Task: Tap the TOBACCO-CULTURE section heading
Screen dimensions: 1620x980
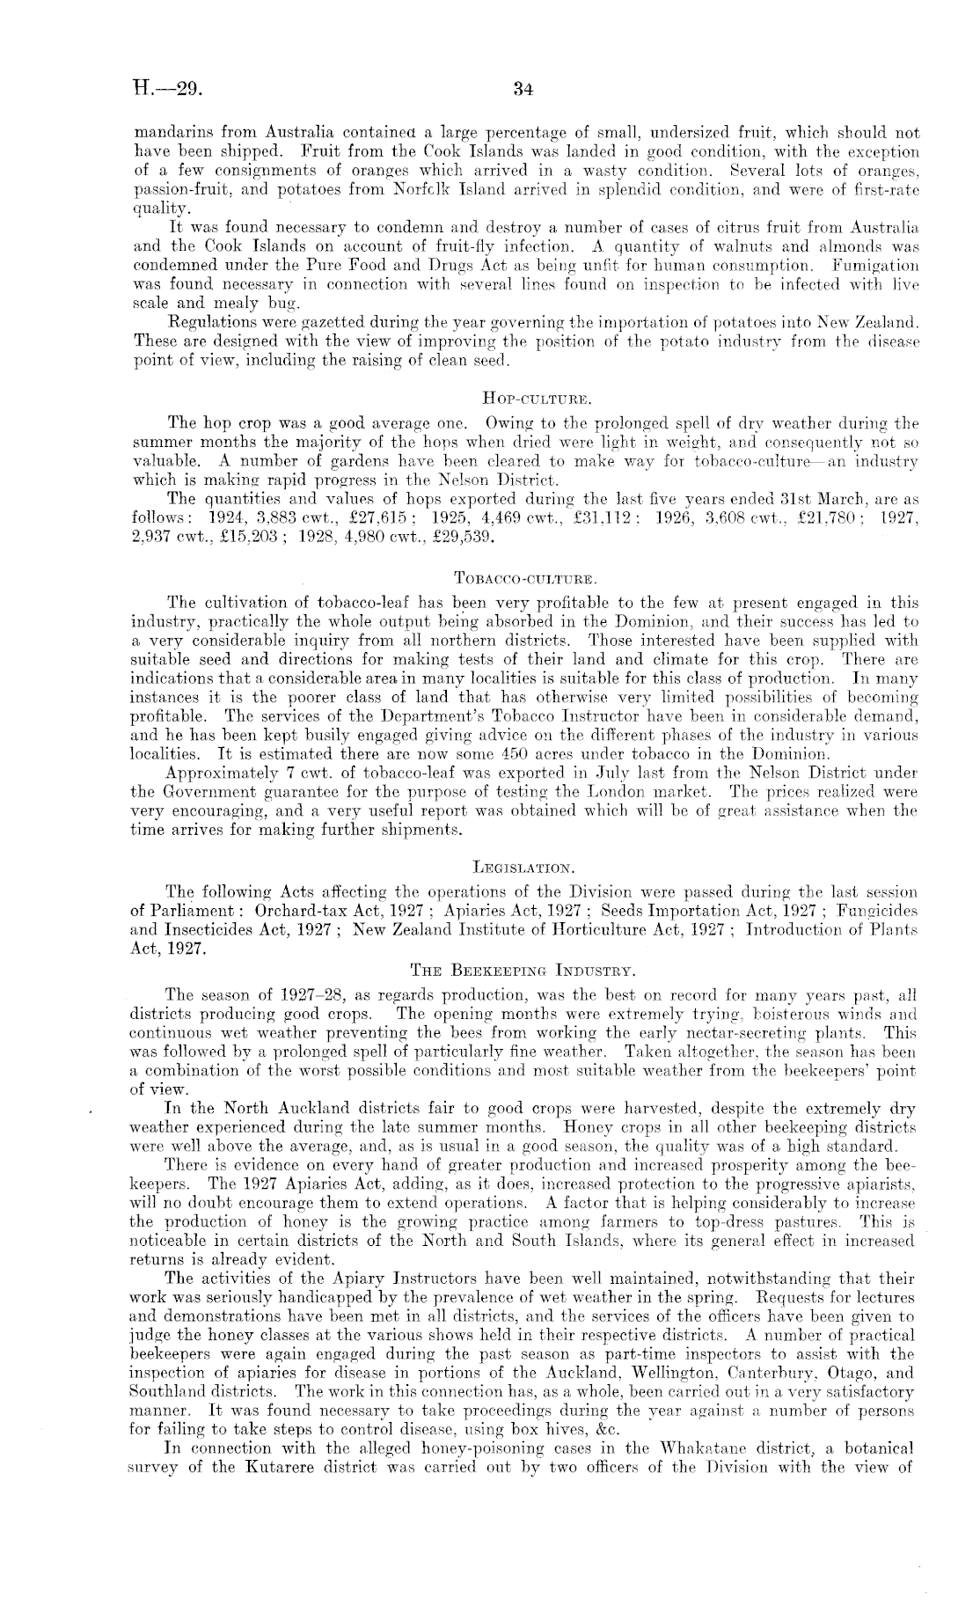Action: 525,579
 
